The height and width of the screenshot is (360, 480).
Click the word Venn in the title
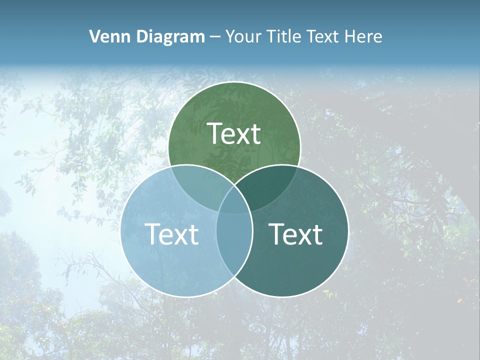click(x=105, y=36)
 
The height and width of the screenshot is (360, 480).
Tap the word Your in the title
click(x=241, y=36)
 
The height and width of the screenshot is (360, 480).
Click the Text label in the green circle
click(x=234, y=133)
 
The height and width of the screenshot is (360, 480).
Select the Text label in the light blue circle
click(x=171, y=234)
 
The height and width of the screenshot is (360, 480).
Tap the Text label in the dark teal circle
click(x=296, y=234)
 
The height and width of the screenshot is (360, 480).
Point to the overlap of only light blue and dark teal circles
click(x=234, y=250)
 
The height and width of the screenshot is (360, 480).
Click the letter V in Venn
click(x=94, y=36)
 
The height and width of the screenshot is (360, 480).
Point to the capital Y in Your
click(x=230, y=36)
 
